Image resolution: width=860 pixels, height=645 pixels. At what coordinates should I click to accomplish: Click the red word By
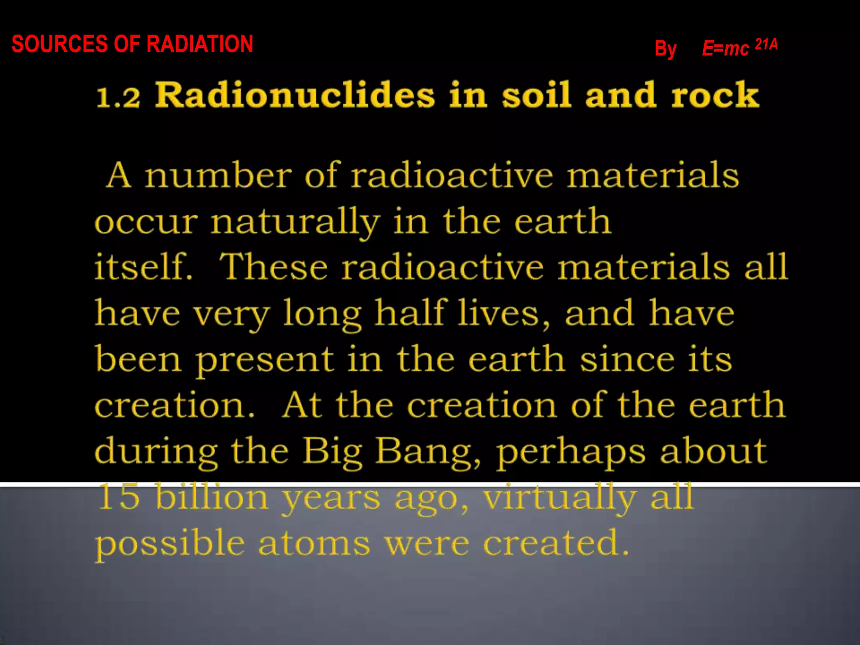[666, 49]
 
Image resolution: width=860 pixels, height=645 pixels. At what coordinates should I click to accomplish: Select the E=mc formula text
[725, 48]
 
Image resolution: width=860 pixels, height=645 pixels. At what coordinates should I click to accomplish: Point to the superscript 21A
[766, 44]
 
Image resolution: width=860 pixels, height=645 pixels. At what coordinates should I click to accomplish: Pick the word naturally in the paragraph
[295, 223]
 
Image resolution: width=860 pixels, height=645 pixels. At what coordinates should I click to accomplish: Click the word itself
[143, 267]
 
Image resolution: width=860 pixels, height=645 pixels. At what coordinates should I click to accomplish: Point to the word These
[273, 267]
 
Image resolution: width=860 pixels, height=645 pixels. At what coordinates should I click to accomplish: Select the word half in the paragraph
[410, 313]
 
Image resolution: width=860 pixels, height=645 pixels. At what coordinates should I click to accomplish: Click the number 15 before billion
[118, 498]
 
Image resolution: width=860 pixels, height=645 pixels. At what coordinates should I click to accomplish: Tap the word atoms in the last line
[314, 543]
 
